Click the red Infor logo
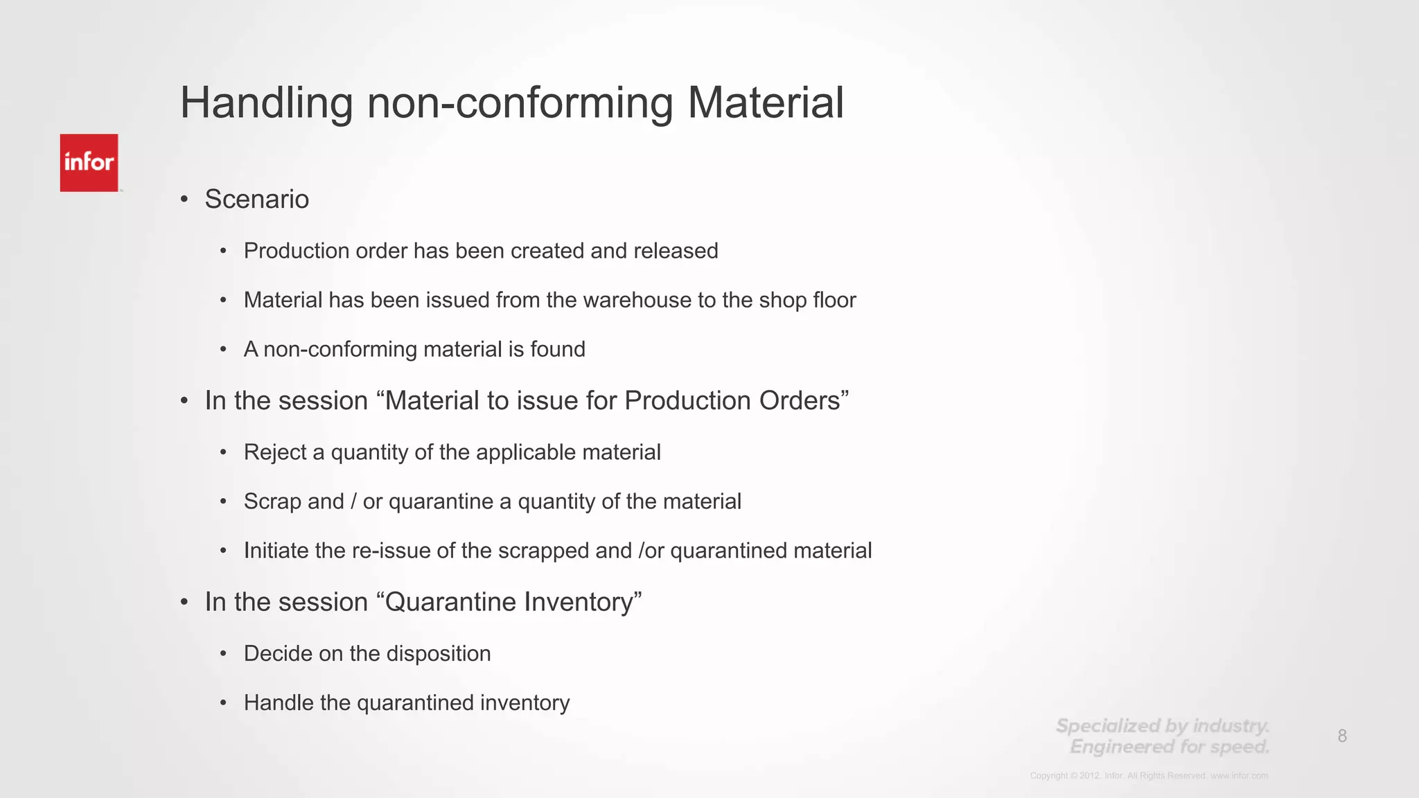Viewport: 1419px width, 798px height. tap(89, 163)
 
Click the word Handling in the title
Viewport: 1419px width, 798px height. tap(267, 103)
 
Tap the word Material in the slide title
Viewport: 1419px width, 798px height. tap(765, 103)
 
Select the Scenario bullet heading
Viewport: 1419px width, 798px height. tap(256, 199)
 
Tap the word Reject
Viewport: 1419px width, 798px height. tap(275, 452)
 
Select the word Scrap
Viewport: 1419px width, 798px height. tap(272, 502)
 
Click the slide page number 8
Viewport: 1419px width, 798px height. tap(1342, 736)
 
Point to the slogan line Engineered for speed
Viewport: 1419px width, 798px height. tap(1170, 747)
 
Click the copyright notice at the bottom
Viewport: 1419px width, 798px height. tap(1149, 776)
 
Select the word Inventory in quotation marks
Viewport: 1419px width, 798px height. tap(578, 602)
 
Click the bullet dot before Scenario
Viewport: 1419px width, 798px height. tap(184, 199)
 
